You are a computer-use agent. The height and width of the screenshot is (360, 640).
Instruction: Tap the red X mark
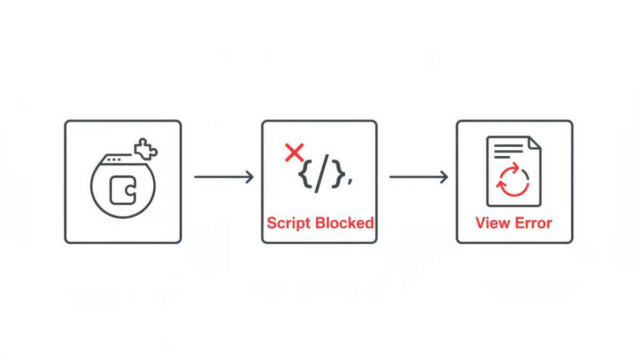click(294, 153)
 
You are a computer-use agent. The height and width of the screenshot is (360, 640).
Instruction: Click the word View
click(492, 222)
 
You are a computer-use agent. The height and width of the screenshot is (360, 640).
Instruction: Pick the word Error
click(533, 222)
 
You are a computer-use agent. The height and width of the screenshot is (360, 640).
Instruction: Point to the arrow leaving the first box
click(223, 177)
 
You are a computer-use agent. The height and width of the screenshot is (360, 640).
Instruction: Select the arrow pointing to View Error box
click(418, 177)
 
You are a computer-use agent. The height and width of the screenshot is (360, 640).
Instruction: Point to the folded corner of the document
click(534, 143)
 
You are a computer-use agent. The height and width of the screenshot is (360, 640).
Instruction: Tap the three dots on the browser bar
click(113, 159)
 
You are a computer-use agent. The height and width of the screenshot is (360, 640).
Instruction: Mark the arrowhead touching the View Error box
click(445, 177)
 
